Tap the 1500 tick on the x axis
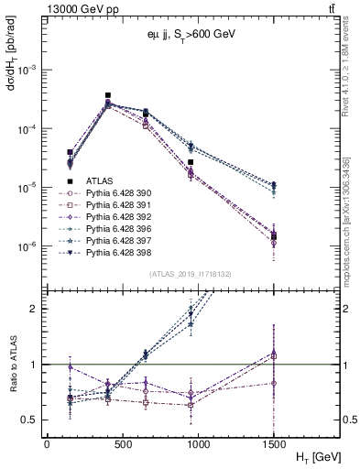[x=274, y=443]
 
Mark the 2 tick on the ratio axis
[x=34, y=309]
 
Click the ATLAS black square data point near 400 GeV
[x=108, y=95]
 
